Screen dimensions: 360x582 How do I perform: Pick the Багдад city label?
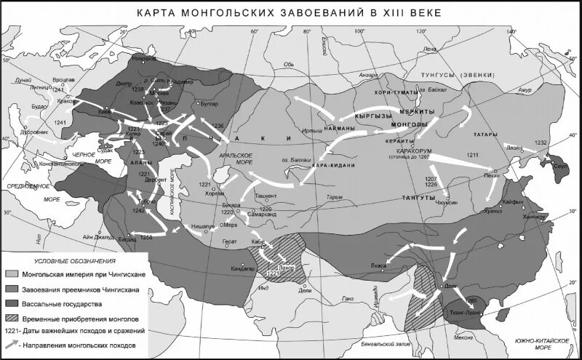point(127,238)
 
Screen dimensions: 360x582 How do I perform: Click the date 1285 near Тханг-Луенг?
point(470,299)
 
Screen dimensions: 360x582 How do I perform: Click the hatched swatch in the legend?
point(15,318)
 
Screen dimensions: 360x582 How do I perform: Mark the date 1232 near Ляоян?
point(539,142)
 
